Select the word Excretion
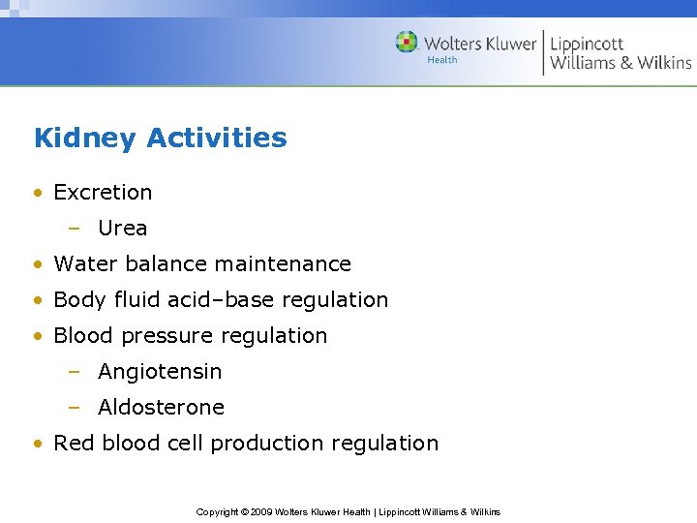pos(103,193)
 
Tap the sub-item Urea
pos(123,229)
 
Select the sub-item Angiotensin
pos(160,372)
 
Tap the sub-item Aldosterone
pos(161,408)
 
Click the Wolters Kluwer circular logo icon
pos(407,43)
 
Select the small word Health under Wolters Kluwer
pos(442,60)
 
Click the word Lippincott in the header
pos(587,44)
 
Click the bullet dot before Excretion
pos(37,193)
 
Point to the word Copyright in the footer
pos(218,511)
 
